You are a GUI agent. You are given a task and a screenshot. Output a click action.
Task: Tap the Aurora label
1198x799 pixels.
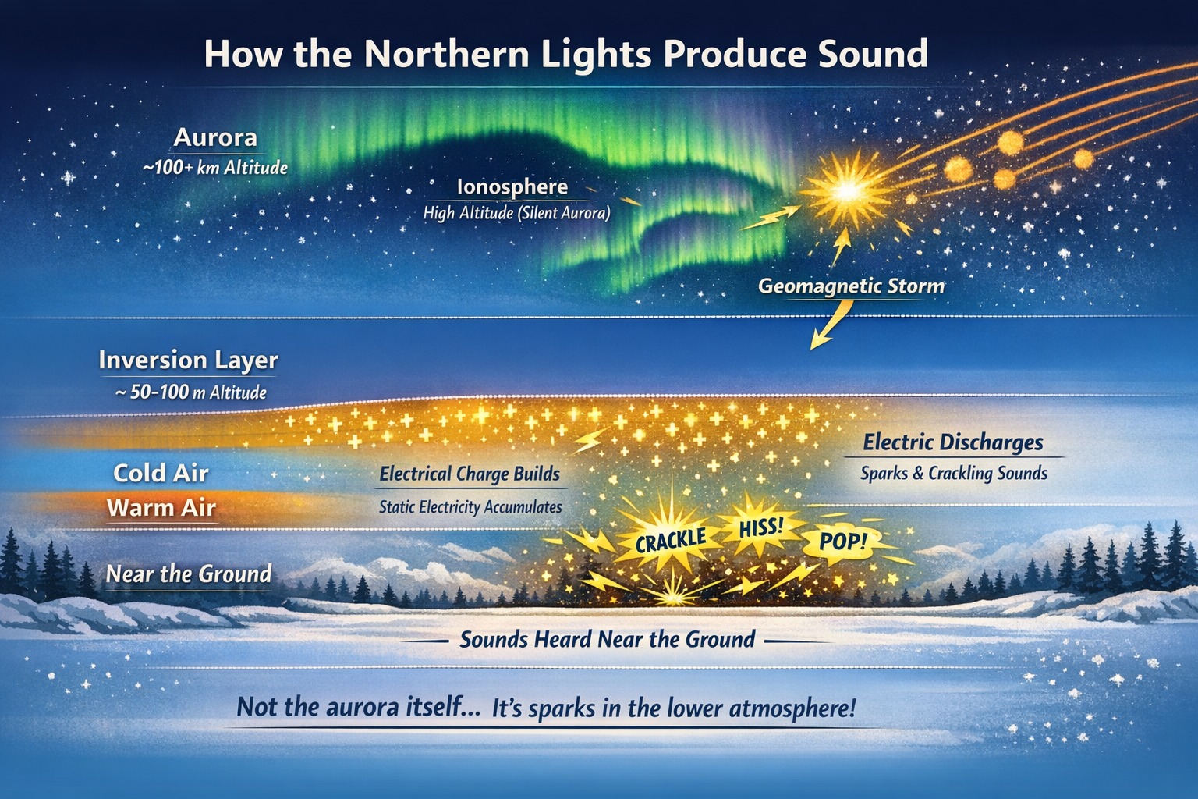[215, 138]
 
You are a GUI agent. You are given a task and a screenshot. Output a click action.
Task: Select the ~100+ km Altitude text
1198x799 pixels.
[215, 167]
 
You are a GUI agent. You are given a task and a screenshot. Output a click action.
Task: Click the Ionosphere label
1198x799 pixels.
[512, 187]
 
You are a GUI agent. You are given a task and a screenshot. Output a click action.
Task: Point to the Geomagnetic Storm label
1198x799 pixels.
[851, 286]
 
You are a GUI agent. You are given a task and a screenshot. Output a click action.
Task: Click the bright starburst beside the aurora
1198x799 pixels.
[847, 190]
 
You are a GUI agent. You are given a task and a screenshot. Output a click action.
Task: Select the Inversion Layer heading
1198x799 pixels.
[188, 360]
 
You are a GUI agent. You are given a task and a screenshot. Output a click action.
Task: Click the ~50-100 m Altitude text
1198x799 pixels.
[191, 392]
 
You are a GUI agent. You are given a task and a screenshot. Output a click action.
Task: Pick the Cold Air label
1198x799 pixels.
[161, 473]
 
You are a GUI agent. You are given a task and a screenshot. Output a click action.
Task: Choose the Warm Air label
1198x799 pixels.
[161, 508]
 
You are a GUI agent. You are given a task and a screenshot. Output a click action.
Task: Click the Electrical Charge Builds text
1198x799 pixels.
[470, 474]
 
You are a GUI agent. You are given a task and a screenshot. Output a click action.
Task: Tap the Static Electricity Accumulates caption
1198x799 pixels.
[470, 507]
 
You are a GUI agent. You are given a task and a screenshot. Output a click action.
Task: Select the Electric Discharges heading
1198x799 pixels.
[953, 442]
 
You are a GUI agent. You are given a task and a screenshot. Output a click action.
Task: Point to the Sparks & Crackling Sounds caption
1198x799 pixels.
[954, 474]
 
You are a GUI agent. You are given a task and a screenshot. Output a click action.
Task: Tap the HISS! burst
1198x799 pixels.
[760, 527]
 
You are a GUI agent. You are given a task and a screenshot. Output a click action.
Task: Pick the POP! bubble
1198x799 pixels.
[843, 540]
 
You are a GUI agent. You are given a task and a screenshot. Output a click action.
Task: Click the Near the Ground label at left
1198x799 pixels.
[189, 574]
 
